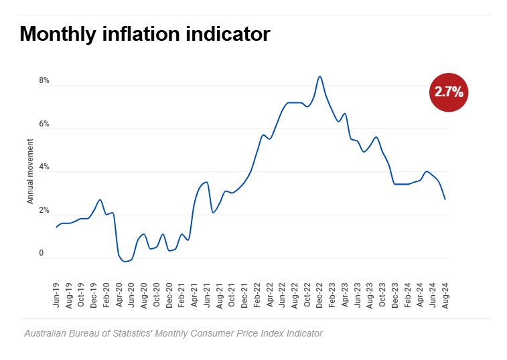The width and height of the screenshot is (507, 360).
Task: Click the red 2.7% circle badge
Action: tap(448, 92)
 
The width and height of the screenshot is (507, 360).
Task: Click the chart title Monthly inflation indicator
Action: tap(145, 34)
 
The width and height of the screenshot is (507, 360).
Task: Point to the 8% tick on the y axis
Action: tap(44, 81)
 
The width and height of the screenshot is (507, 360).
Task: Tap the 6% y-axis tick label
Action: tap(44, 124)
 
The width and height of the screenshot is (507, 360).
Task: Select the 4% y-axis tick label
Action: tap(44, 167)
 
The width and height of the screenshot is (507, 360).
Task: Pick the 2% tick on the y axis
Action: tap(44, 211)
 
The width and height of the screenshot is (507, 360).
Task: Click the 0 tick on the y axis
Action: tap(41, 254)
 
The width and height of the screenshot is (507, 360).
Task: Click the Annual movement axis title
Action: tap(30, 171)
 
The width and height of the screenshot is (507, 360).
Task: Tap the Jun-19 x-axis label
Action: tap(56, 295)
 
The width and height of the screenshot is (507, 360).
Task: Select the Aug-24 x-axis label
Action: tap(445, 295)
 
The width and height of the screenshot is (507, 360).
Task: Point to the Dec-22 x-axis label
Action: tap(319, 295)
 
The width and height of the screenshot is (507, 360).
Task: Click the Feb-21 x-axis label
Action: tap(182, 295)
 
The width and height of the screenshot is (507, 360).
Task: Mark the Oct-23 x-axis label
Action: tap(382, 295)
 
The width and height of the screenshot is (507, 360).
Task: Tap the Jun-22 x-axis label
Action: tap(282, 295)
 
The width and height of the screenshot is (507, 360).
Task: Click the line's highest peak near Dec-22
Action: tap(319, 76)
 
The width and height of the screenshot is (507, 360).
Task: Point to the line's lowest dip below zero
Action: tap(125, 262)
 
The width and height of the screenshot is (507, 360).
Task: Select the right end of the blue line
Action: tap(445, 199)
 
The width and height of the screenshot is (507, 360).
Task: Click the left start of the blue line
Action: tap(57, 227)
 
